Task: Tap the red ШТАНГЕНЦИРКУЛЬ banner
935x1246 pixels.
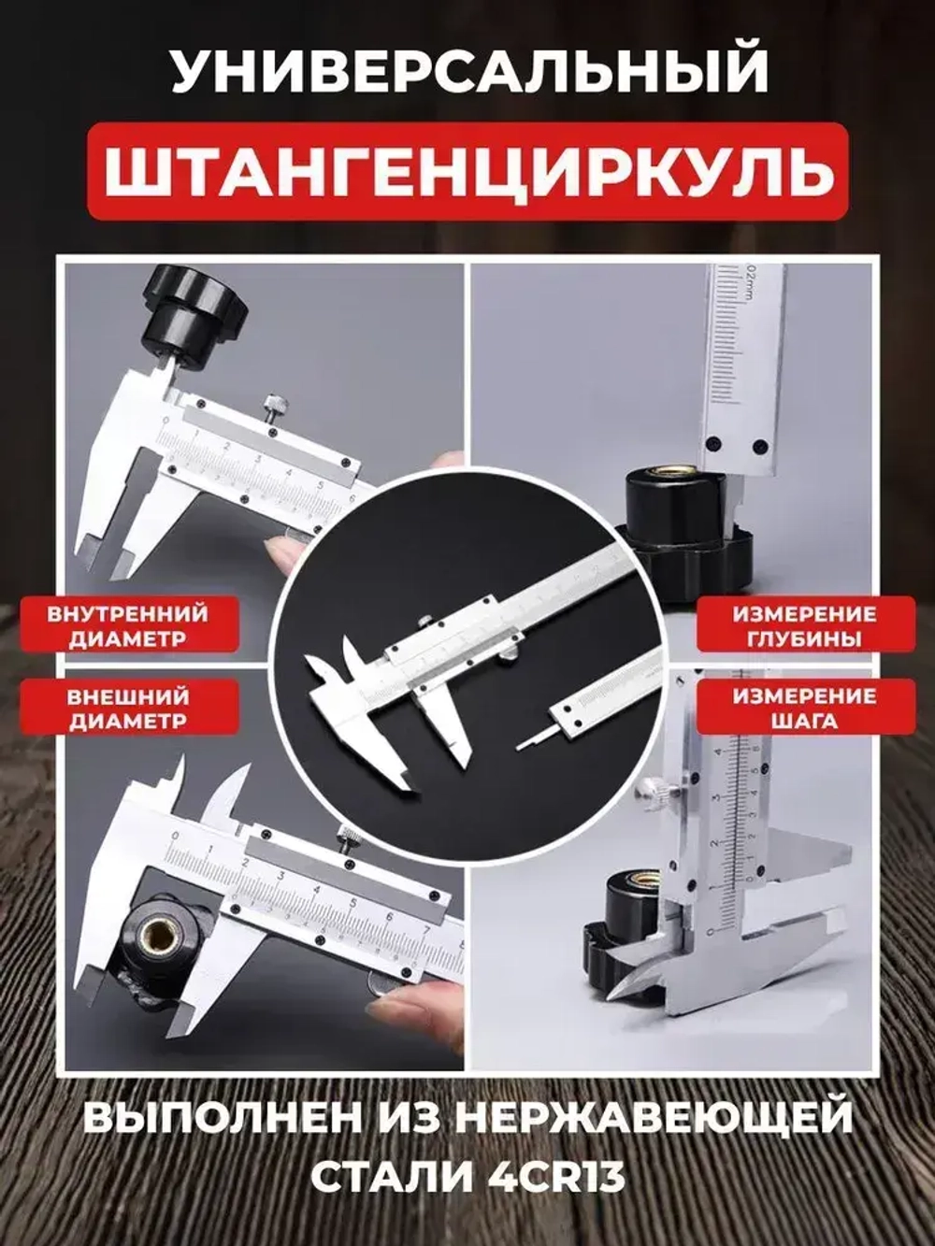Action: point(467,171)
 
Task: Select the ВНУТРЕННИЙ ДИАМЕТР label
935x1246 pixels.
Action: point(127,626)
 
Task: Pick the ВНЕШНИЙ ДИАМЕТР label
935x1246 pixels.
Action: point(127,709)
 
